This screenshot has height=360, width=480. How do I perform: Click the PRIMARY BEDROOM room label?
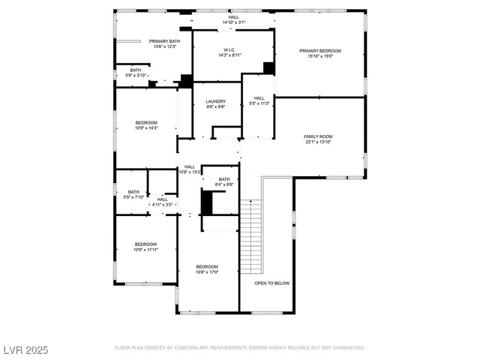coord(320,51)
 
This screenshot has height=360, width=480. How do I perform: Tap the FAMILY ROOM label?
coord(318,136)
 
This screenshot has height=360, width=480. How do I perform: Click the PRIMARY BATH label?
coord(164,41)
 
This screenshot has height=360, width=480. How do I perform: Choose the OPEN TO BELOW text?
coord(271,283)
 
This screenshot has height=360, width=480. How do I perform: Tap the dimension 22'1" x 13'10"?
coord(318,142)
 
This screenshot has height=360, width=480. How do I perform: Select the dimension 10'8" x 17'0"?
coord(207,272)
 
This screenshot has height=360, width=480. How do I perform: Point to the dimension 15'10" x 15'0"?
coord(320,56)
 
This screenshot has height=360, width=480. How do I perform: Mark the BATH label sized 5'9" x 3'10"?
coord(136,75)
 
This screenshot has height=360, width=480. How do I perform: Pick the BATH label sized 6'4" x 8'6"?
coord(224,184)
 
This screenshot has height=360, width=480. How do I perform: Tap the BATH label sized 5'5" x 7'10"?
coord(133,197)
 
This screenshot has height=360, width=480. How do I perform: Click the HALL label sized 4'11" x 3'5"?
coord(163,204)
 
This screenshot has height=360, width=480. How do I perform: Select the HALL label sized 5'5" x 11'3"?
coord(259,103)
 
